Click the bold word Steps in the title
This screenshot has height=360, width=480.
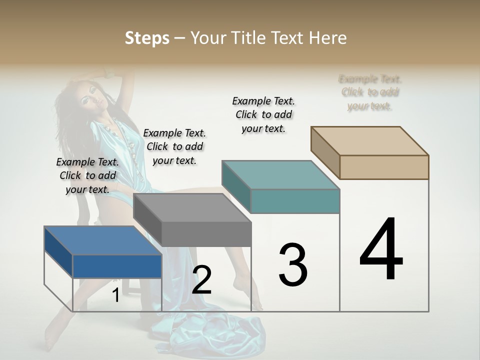147,38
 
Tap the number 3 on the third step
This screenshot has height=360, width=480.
293,264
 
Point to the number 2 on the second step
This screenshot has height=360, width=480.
202,280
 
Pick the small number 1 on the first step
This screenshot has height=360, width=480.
115,295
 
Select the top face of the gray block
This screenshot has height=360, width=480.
192,208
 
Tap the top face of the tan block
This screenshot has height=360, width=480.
370,141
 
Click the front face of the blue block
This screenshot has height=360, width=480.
117,266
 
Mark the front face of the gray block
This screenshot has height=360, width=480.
206,234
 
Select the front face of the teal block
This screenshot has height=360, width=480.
295,201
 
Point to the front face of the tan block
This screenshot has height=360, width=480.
384,167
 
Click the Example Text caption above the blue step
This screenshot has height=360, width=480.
87,175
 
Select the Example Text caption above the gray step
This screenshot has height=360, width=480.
174,146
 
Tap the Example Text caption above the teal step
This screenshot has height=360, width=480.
263,114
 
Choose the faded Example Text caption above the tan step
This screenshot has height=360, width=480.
370,92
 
